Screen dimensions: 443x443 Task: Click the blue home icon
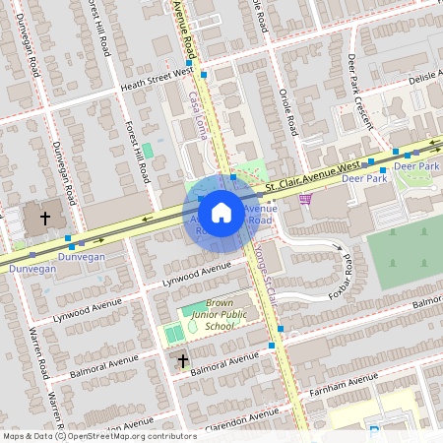221,212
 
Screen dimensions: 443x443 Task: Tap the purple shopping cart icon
305,200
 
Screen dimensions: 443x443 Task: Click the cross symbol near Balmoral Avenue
182,362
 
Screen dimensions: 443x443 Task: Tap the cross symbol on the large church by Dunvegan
45,217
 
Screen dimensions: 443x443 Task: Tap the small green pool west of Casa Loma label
147,150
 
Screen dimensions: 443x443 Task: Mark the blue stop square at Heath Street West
203,74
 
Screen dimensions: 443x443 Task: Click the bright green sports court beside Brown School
174,334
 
